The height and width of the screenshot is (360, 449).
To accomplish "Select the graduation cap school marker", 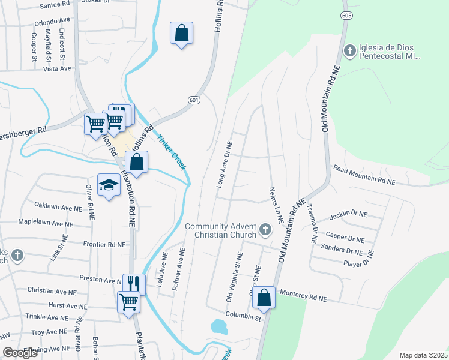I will tap(109, 185).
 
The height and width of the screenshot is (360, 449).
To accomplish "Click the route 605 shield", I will tap(345, 15).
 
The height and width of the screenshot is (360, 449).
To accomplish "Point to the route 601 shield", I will tap(193, 100).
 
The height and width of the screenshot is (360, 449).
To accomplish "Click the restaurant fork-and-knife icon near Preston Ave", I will tap(134, 283).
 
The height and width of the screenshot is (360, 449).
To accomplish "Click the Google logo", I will tap(20, 353).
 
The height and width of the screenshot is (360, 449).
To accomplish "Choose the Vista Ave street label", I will tap(58, 69).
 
